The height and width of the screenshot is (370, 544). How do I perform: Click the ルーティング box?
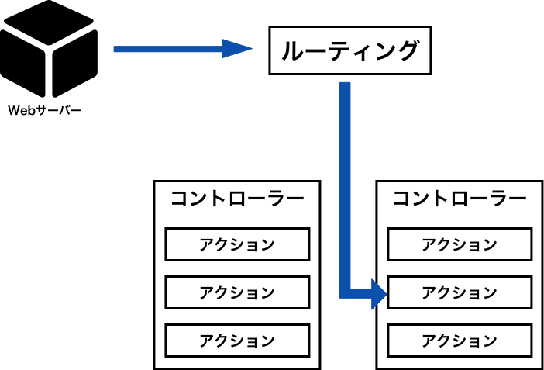pyautogui.click(x=349, y=50)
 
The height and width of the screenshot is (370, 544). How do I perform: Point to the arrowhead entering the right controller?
pyautogui.click(x=379, y=293)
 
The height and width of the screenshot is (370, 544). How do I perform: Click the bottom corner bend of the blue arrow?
pyautogui.click(x=346, y=292)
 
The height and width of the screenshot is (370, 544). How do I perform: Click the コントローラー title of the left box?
pyautogui.click(x=237, y=199)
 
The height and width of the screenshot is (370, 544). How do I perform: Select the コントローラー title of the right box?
pyautogui.click(x=460, y=199)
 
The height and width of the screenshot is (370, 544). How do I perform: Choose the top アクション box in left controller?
pyautogui.click(x=237, y=244)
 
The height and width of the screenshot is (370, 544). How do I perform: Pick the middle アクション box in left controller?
pyautogui.click(x=237, y=292)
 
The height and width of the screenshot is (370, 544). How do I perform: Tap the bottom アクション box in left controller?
pyautogui.click(x=237, y=341)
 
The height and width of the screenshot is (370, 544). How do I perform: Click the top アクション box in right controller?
pyautogui.click(x=460, y=244)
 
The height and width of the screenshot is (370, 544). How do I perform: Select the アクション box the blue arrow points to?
pyautogui.click(x=460, y=292)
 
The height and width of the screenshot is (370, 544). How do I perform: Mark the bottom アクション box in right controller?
pyautogui.click(x=460, y=341)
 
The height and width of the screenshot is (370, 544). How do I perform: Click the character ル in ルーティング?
pyautogui.click(x=291, y=51)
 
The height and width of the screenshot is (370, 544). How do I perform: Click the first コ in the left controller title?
pyautogui.click(x=180, y=199)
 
